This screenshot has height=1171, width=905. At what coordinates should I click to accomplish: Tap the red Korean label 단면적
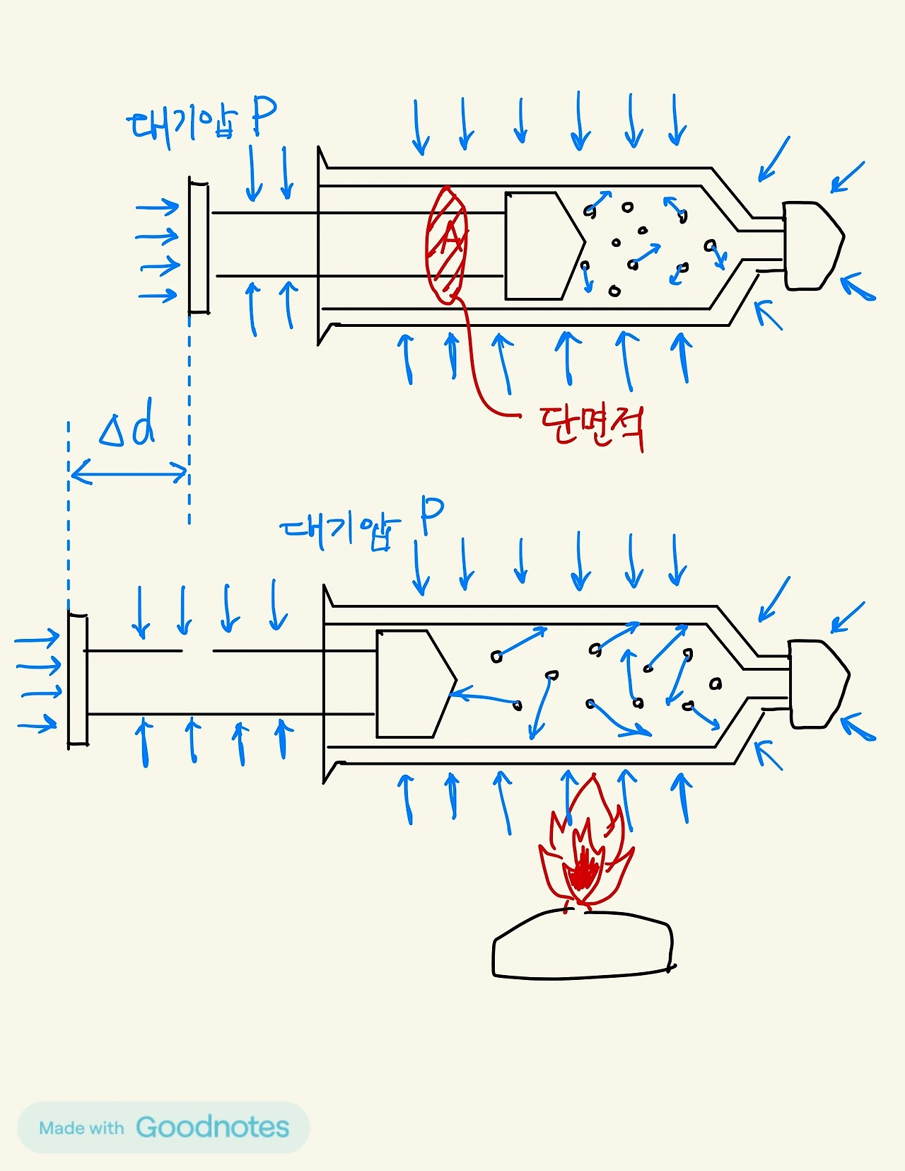coord(591,426)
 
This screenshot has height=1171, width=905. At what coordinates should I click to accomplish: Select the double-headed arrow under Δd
coord(129,472)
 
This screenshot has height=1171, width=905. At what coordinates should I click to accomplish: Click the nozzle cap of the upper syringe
coord(812,246)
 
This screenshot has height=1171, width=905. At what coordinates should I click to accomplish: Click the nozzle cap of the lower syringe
coord(817,683)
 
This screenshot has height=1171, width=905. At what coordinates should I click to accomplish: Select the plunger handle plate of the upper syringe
coord(199,246)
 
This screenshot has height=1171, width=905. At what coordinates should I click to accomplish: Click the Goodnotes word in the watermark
coord(212,1127)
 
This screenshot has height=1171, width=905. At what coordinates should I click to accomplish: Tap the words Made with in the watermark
coord(81,1128)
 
